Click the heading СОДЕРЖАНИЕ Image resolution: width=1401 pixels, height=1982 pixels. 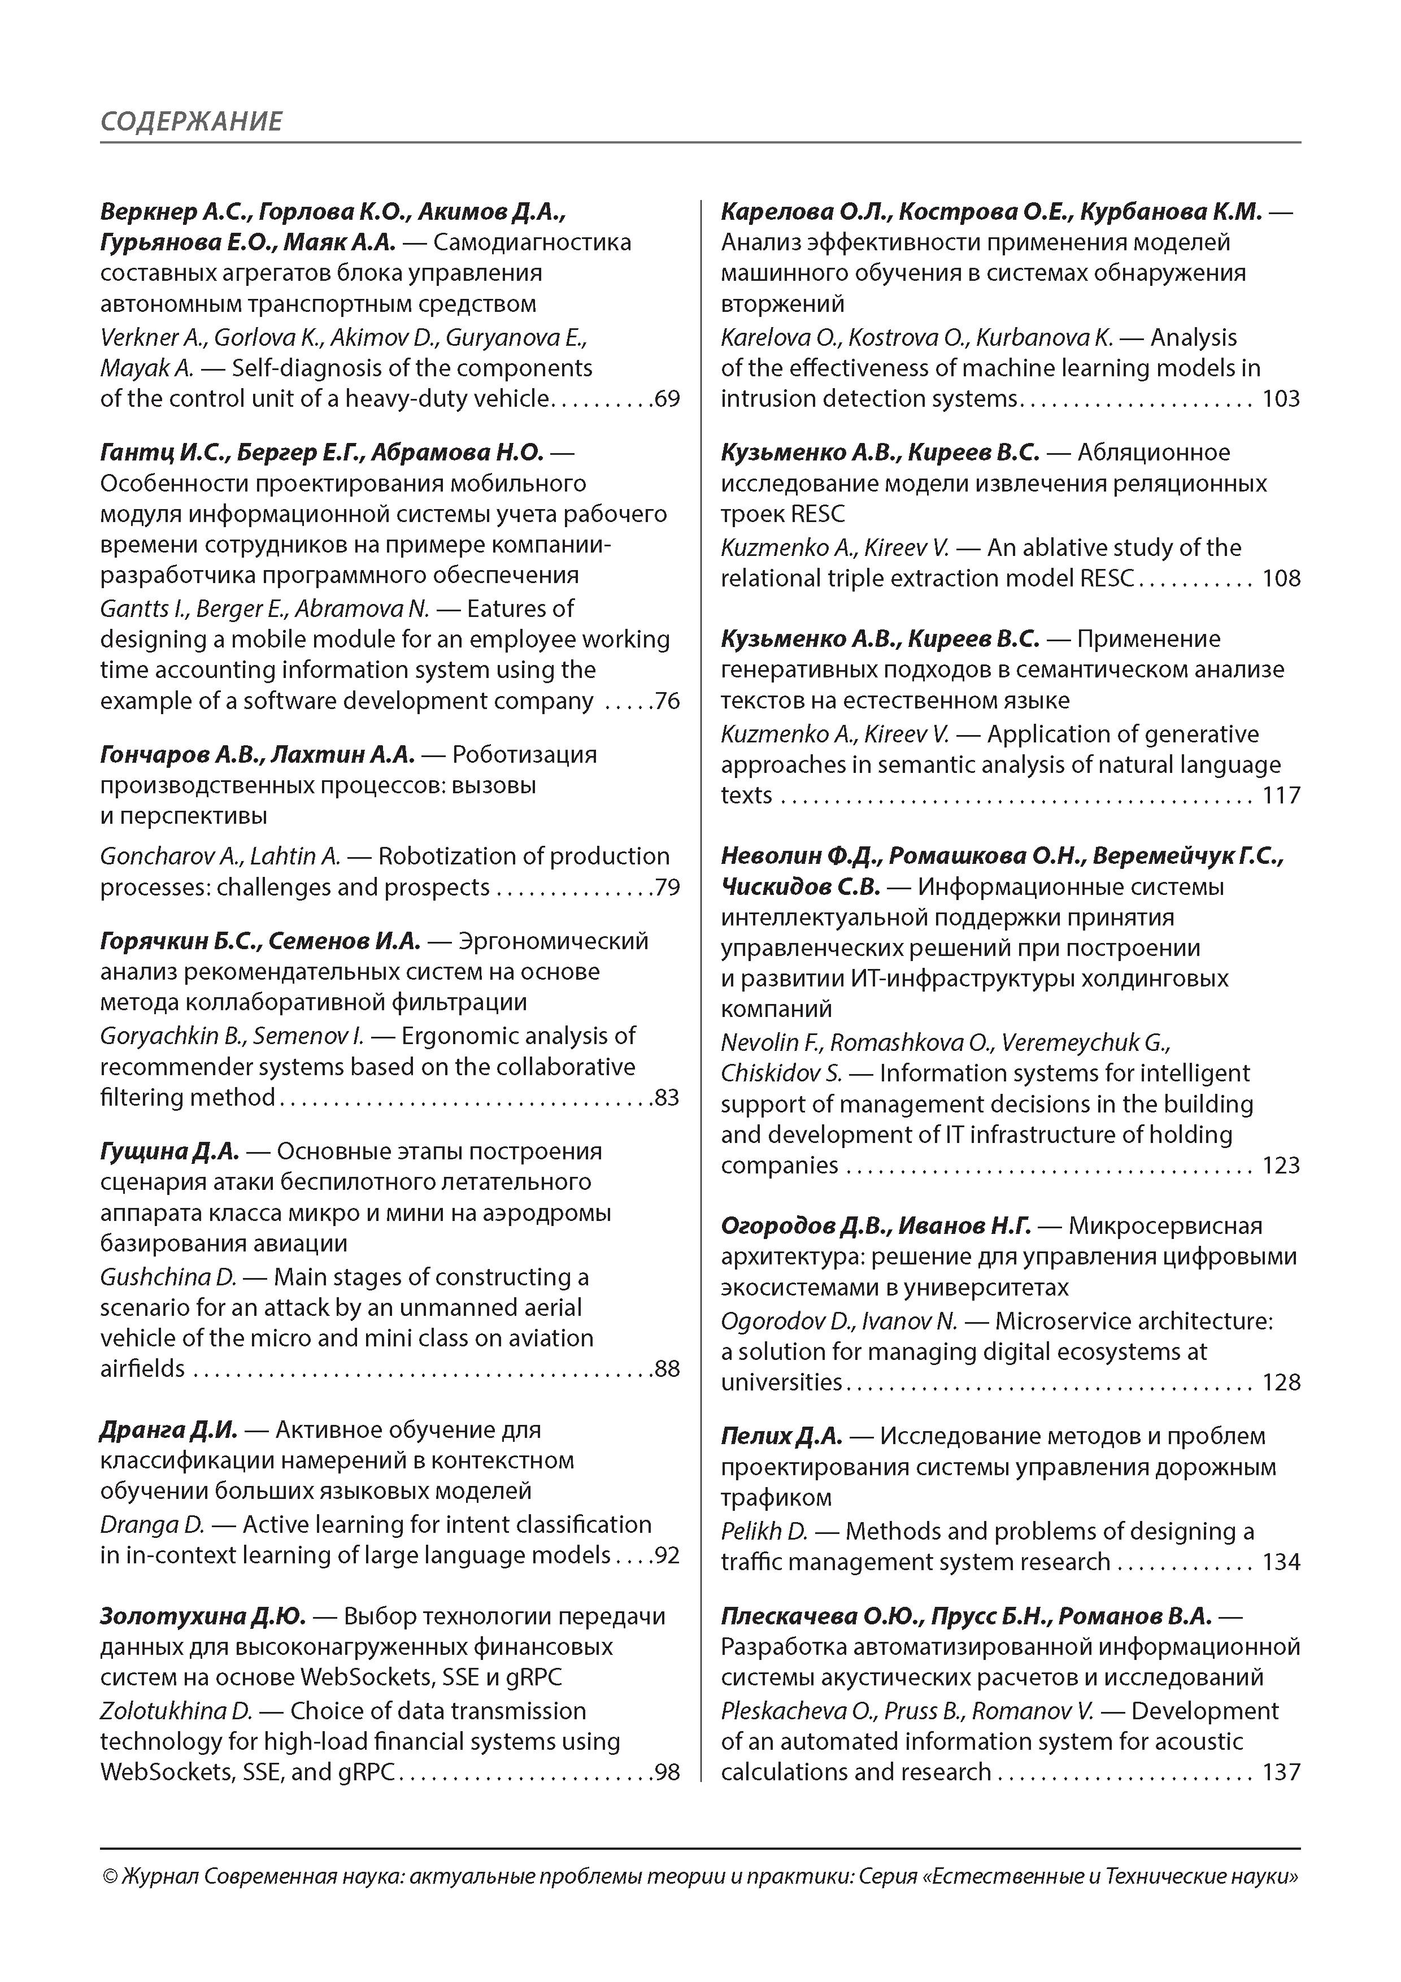tap(191, 121)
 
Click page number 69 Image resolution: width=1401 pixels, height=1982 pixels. tap(667, 399)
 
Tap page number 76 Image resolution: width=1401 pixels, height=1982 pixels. tap(667, 701)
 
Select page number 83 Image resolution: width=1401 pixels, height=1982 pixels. tap(667, 1097)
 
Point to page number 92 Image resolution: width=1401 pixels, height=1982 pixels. tap(667, 1555)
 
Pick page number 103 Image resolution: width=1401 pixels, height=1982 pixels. tap(1281, 399)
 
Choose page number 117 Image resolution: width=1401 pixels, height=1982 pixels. tap(1281, 795)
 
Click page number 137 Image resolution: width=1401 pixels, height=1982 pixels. tap(1281, 1772)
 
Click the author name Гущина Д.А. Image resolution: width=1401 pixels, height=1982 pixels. tap(169, 1151)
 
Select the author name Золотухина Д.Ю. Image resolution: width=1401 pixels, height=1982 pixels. tap(203, 1616)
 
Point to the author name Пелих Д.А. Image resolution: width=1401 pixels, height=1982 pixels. tap(781, 1436)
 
